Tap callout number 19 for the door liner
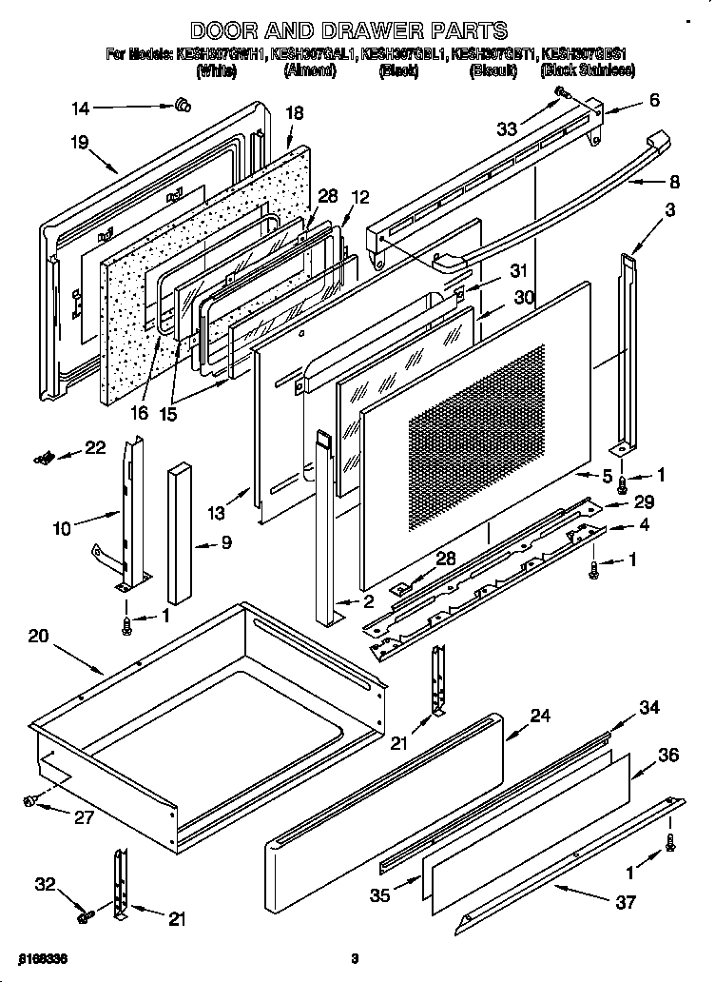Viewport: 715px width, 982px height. [x=79, y=143]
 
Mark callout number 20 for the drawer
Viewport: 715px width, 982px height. [x=38, y=637]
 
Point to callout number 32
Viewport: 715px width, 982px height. [x=45, y=884]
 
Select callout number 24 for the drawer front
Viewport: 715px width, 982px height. [x=540, y=717]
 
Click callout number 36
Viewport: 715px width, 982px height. [x=668, y=755]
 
